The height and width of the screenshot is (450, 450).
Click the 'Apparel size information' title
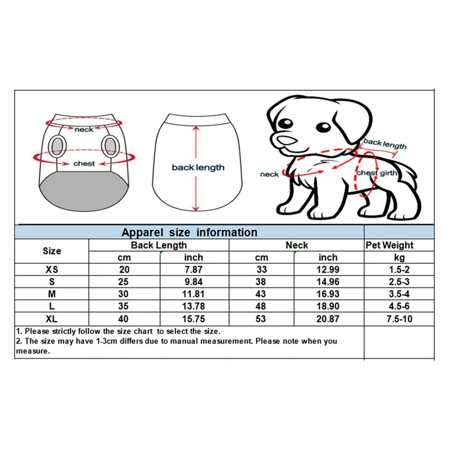click(x=190, y=232)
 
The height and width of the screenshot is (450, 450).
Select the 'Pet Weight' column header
click(x=389, y=245)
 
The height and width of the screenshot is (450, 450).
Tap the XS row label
click(x=52, y=269)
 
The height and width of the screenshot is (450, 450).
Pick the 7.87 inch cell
click(x=193, y=269)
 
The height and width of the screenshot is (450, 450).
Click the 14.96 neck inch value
click(x=328, y=282)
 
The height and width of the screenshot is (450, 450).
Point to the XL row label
click(x=52, y=319)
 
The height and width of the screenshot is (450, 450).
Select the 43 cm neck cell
click(x=262, y=294)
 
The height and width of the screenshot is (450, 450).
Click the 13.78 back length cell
click(x=193, y=307)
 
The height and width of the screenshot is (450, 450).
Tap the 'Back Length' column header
click(x=159, y=245)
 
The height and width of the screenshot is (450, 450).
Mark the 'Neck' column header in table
click(x=296, y=245)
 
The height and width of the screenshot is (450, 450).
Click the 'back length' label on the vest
click(x=198, y=167)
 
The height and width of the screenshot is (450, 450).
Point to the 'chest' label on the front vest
click(x=84, y=164)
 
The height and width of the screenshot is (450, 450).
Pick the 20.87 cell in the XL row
click(x=328, y=319)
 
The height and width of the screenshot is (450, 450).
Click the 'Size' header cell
click(x=52, y=251)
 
